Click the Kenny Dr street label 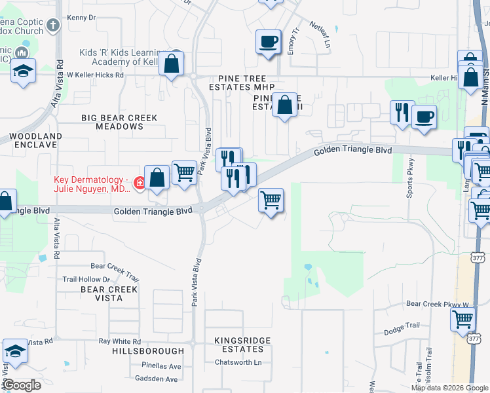tap(82, 18)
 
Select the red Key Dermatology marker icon tap(139, 183)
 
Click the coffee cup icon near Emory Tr tap(268, 43)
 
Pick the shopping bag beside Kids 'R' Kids tap(171, 64)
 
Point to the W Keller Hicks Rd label tap(95, 75)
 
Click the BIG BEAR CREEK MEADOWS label tap(119, 122)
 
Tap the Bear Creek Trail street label tap(115, 266)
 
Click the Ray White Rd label tap(119, 342)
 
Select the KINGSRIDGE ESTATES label tap(238, 345)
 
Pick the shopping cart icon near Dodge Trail tap(462, 320)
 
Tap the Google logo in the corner tap(22, 385)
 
